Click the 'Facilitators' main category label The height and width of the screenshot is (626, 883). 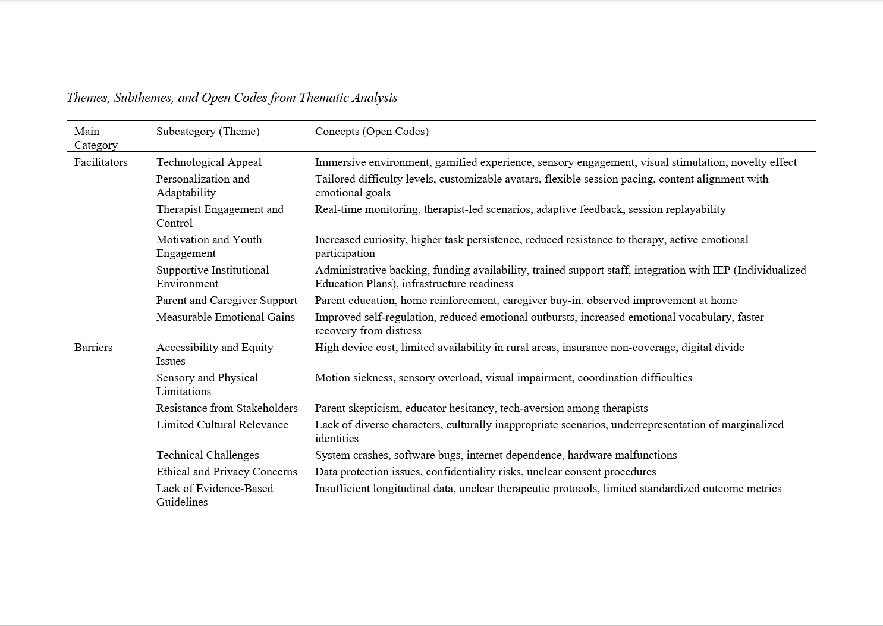[x=100, y=162]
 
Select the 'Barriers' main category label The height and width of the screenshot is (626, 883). [x=93, y=348]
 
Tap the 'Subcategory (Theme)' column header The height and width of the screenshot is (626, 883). [x=208, y=132]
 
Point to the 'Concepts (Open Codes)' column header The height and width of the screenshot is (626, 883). [x=372, y=132]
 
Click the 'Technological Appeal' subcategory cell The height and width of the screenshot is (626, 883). [x=209, y=162]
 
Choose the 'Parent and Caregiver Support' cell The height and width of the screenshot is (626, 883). [x=227, y=301]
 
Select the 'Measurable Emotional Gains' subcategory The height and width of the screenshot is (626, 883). [x=225, y=317]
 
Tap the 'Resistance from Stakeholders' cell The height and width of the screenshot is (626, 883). [x=227, y=408]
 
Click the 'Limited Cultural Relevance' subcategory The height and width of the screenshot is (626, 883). [x=222, y=425]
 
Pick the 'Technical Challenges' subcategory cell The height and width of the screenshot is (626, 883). [x=208, y=455]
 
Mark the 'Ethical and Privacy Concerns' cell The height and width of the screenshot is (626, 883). [x=227, y=472]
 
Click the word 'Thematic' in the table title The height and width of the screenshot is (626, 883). [x=323, y=98]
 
